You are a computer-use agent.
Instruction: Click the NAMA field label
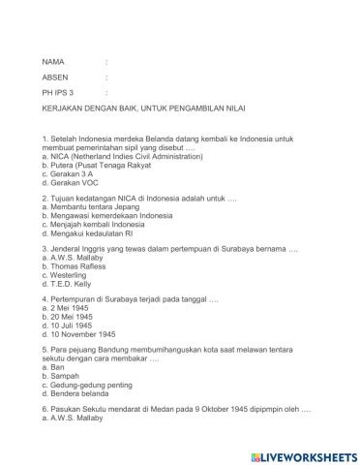[x=55, y=62]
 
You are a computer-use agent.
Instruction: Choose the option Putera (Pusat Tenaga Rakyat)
[x=104, y=166]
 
